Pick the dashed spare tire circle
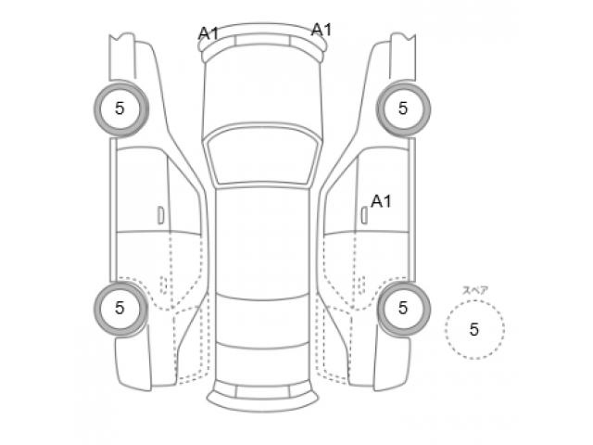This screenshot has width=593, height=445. tap(446, 328)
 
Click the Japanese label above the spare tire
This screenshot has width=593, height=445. tap(475, 290)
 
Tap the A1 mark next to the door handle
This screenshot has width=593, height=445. tap(381, 201)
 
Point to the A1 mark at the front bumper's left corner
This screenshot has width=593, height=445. tap(208, 33)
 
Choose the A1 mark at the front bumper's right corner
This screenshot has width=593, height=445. tap(322, 30)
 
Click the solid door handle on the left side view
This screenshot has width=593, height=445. tap(160, 215)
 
